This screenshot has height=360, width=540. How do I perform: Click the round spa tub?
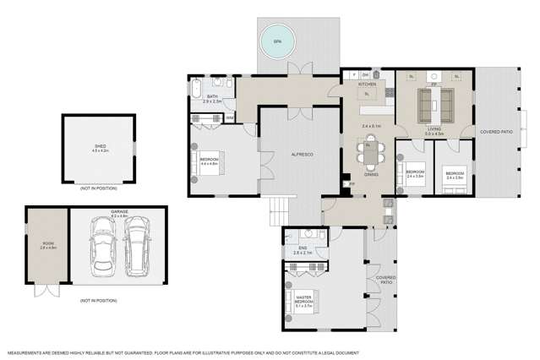pos(275,40)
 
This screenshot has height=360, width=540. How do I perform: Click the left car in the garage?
pos(102,248)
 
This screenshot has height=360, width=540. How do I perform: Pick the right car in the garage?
pos(136,248)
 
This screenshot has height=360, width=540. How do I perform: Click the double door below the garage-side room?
pos(47,290)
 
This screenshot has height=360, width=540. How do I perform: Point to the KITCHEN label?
pos(367,85)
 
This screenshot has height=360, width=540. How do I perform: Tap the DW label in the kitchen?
pos(365,75)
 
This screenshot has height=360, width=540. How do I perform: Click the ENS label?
pos(302,248)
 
